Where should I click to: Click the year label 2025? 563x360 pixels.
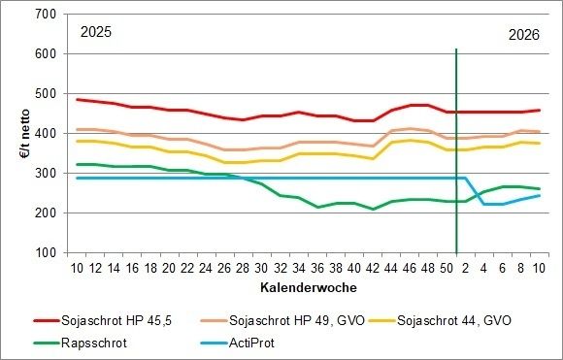pyautogui.click(x=95, y=32)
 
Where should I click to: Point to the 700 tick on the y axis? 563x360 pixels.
pyautogui.click(x=44, y=15)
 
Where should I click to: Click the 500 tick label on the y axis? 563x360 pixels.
pyautogui.click(x=44, y=94)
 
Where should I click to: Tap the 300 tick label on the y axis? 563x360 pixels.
pyautogui.click(x=44, y=174)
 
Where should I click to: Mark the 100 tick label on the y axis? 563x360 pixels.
pyautogui.click(x=44, y=253)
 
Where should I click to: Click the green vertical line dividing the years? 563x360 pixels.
pyautogui.click(x=456, y=146)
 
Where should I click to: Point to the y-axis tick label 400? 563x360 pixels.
pyautogui.click(x=44, y=134)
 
